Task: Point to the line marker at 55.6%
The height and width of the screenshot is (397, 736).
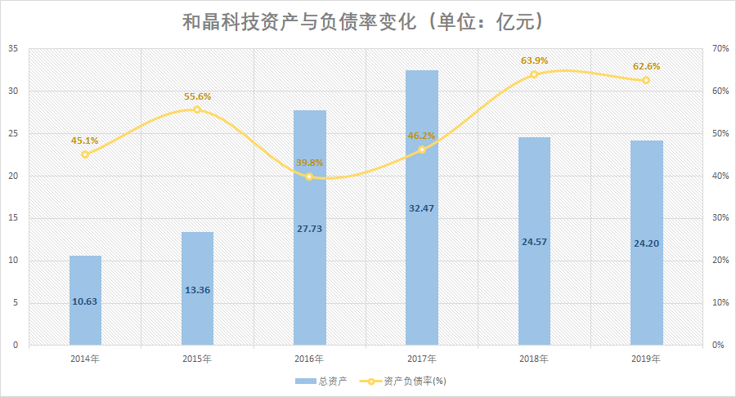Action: coord(197,109)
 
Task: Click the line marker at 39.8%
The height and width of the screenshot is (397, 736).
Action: coord(309,176)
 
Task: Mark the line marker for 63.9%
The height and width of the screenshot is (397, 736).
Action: coord(534,74)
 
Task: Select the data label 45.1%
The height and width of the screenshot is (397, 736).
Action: coord(85,141)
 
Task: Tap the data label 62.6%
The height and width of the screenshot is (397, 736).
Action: coord(646,66)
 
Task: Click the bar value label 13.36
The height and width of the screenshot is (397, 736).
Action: coord(197,288)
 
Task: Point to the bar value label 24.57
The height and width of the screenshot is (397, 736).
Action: coord(534,242)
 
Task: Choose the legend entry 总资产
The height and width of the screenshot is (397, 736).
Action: coord(321,381)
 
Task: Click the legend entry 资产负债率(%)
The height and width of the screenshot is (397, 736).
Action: coord(409,381)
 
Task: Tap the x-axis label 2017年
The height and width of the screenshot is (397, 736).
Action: coord(422,359)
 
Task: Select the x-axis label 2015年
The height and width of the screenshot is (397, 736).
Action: coord(197,359)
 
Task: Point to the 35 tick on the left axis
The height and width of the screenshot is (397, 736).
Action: coord(13,49)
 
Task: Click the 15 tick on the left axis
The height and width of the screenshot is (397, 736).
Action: coord(13,218)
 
